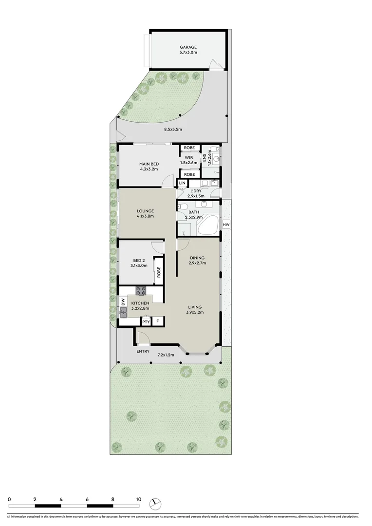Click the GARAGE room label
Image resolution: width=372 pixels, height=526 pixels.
[187, 47]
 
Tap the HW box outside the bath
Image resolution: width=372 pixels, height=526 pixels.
[225, 225]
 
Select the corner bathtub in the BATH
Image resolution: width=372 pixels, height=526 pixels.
[211, 225]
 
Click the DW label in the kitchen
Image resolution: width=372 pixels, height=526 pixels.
[123, 302]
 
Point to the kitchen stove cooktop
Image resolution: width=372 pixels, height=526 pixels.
[141, 291]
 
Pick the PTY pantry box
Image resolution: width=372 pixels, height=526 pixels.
[146, 321]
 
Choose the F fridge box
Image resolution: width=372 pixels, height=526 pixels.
[157, 321]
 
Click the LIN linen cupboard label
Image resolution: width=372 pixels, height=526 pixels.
[182, 183]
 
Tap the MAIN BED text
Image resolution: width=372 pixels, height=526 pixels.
[147, 163]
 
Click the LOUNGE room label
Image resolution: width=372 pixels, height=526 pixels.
[145, 210]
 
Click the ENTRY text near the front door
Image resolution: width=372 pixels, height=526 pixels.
[143, 352]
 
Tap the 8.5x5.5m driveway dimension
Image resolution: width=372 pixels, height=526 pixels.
[173, 130]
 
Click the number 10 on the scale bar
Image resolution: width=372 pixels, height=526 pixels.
[138, 499]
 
